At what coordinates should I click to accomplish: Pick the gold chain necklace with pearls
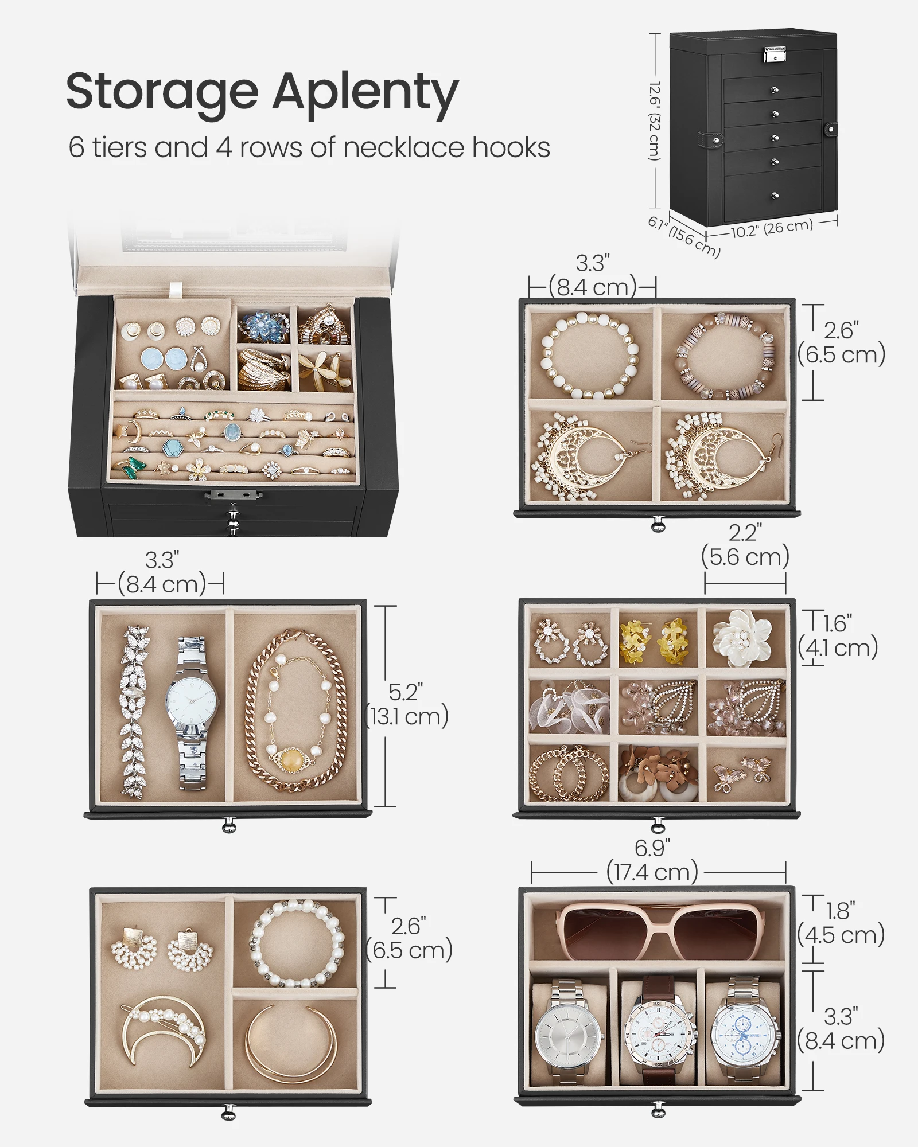pos(296,711)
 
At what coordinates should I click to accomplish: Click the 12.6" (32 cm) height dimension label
pos(655,120)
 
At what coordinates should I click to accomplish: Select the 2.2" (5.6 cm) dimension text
pos(745,545)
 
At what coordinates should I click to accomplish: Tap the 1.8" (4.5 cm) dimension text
pos(841,923)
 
